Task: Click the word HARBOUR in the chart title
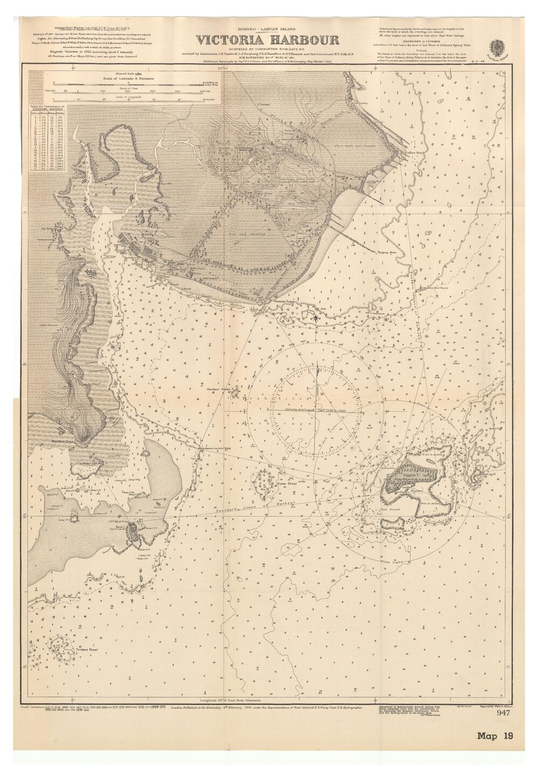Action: point(307,40)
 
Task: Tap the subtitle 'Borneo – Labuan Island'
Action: point(267,28)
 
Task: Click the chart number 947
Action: point(503,713)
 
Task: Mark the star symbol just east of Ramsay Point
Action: point(316,317)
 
